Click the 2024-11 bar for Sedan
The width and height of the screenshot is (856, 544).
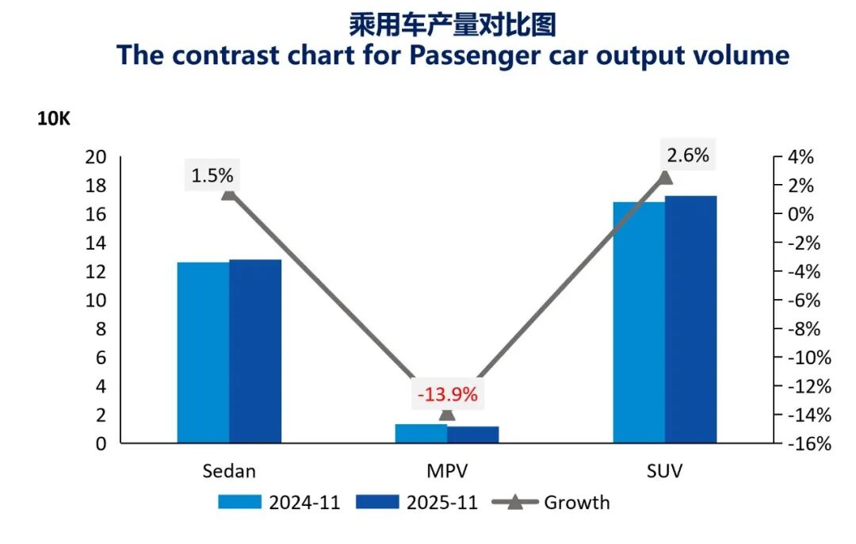(203, 352)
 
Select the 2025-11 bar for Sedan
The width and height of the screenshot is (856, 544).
(255, 351)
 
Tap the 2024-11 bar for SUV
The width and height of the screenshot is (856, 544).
(638, 322)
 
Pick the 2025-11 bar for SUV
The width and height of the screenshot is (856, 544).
(690, 319)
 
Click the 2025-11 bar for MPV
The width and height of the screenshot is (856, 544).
(473, 435)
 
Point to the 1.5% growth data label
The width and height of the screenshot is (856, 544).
(212, 175)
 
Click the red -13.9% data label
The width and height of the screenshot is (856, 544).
(448, 394)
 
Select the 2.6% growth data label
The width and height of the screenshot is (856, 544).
(688, 155)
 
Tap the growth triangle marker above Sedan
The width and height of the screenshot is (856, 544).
(228, 193)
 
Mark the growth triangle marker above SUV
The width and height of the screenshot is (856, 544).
(666, 177)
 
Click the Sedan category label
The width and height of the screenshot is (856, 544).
(229, 471)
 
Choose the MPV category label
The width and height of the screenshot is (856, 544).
(447, 471)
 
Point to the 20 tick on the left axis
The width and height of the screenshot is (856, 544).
(96, 157)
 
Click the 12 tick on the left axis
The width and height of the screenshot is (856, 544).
(96, 272)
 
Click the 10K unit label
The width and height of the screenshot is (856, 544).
(54, 119)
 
